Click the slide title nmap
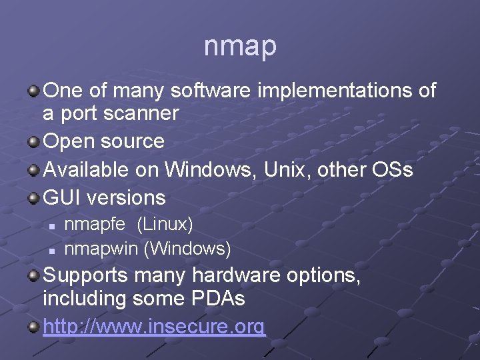tap(240, 47)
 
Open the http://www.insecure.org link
tap(154, 327)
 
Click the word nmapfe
tap(94, 223)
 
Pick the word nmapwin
tap(101, 249)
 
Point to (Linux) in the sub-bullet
tap(165, 223)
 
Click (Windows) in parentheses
tap(188, 249)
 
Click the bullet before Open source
tap(33, 141)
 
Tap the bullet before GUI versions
tap(33, 197)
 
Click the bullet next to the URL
tap(33, 327)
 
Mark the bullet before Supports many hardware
tap(33, 275)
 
